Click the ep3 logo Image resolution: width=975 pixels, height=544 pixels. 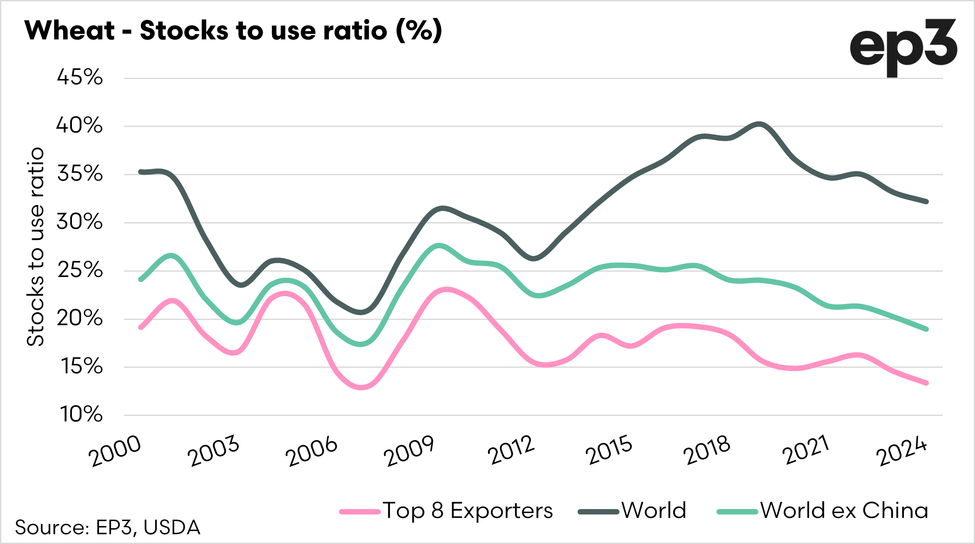pyautogui.click(x=903, y=47)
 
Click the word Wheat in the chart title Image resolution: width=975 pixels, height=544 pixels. pyautogui.click(x=69, y=30)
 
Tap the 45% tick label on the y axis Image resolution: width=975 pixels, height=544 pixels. pyautogui.click(x=80, y=77)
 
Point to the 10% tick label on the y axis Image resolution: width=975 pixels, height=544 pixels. pyautogui.click(x=81, y=415)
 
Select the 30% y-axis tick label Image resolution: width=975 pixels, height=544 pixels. pyautogui.click(x=79, y=222)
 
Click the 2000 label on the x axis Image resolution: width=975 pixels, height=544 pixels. pyautogui.click(x=115, y=451)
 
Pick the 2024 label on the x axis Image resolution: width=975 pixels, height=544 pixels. pyautogui.click(x=901, y=452)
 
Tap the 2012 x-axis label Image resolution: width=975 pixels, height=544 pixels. pyautogui.click(x=511, y=451)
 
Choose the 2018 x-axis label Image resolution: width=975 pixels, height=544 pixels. pyautogui.click(x=707, y=451)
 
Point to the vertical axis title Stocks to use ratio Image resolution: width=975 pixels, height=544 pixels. pyautogui.click(x=36, y=247)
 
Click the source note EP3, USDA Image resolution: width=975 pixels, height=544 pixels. pyautogui.click(x=108, y=527)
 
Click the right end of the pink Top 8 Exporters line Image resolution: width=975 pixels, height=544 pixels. pyautogui.click(x=927, y=383)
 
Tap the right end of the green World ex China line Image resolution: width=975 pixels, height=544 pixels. pyautogui.click(x=927, y=329)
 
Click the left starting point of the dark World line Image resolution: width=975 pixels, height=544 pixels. pyautogui.click(x=141, y=172)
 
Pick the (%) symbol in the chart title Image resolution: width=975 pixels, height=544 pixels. pyautogui.click(x=419, y=30)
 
